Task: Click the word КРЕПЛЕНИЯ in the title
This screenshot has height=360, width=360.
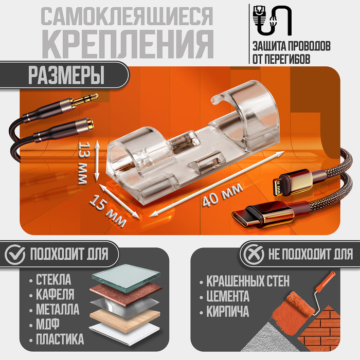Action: [128, 44]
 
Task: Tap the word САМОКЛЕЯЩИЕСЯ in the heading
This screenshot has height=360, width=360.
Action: [127, 16]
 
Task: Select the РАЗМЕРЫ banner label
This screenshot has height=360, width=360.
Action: [66, 75]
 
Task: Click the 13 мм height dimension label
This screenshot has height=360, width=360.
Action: [83, 163]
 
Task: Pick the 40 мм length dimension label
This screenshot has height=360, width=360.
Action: [223, 195]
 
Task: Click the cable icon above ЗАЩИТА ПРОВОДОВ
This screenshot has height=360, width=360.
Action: [272, 21]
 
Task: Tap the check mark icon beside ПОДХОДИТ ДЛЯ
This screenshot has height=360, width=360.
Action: [15, 255]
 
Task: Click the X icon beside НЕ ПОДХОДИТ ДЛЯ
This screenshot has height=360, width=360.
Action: [254, 255]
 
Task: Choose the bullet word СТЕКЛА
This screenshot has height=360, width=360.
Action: [53, 280]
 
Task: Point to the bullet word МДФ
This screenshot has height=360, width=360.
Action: [47, 324]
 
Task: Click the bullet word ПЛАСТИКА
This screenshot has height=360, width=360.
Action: [60, 339]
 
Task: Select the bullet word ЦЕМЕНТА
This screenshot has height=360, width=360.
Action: [227, 296]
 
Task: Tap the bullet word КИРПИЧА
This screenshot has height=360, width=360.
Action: [227, 311]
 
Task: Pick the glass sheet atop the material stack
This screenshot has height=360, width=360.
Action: [126, 277]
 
